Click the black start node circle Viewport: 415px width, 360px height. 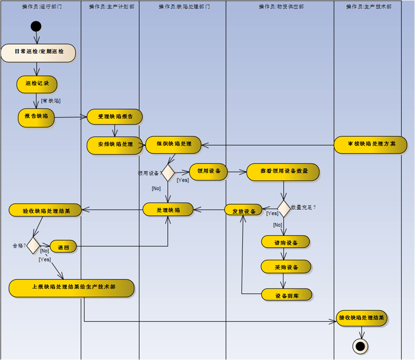36,26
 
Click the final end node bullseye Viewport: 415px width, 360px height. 360,346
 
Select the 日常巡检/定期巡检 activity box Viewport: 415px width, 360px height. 38,52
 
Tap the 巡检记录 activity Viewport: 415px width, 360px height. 37,84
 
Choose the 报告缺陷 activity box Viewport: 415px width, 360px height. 36,117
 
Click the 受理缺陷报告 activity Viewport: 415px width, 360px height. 115,117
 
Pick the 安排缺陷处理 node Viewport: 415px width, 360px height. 115,145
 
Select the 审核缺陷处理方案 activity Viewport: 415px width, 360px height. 370,144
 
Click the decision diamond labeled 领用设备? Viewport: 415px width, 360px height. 168,173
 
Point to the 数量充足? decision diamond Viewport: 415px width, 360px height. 284,208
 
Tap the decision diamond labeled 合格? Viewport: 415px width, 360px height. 34,245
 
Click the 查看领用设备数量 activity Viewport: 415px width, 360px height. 283,171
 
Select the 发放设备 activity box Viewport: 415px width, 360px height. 243,210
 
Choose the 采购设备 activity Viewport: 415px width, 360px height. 286,267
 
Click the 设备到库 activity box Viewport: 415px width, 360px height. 287,295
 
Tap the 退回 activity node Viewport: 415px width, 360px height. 63,247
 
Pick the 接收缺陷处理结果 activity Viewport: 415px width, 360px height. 361,318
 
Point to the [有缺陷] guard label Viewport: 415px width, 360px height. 51,101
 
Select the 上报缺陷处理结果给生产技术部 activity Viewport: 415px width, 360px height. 72,287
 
